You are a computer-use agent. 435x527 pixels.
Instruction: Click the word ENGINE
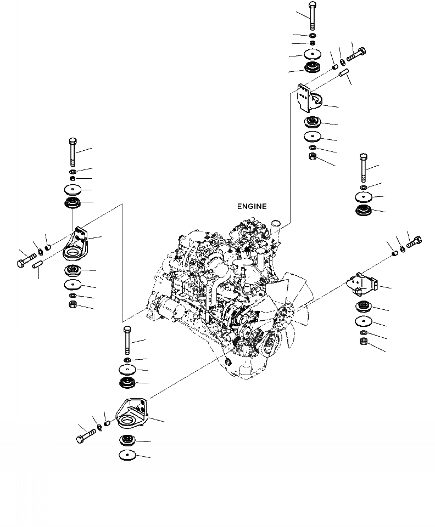252,207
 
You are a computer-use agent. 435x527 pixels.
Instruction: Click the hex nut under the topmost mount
311,157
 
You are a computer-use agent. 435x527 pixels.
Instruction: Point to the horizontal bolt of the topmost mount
356,54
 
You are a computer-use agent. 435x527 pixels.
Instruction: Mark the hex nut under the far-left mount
72,305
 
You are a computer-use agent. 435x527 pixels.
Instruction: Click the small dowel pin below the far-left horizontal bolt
38,265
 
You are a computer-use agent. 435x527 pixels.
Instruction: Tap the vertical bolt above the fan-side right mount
362,167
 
